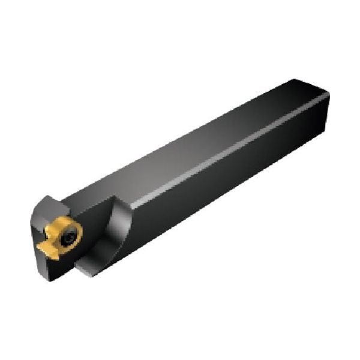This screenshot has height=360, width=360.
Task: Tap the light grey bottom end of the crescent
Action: (90, 273)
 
